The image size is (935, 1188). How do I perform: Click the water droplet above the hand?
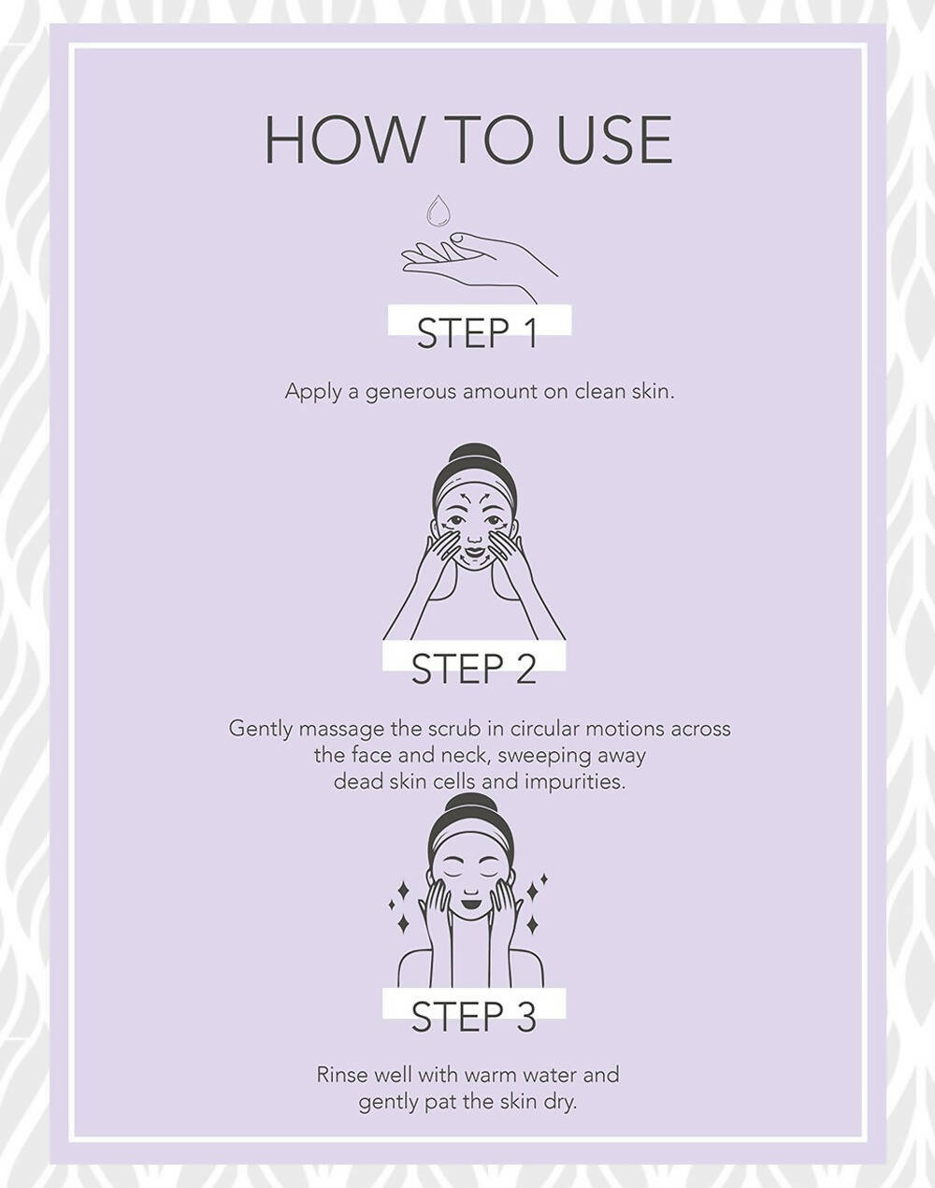439,210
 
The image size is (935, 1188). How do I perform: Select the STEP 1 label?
477,333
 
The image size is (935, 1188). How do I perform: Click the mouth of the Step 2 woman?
474,550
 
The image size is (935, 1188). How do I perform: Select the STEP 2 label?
473,669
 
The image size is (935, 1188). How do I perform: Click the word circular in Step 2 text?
545,729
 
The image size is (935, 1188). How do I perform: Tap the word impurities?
575,783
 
